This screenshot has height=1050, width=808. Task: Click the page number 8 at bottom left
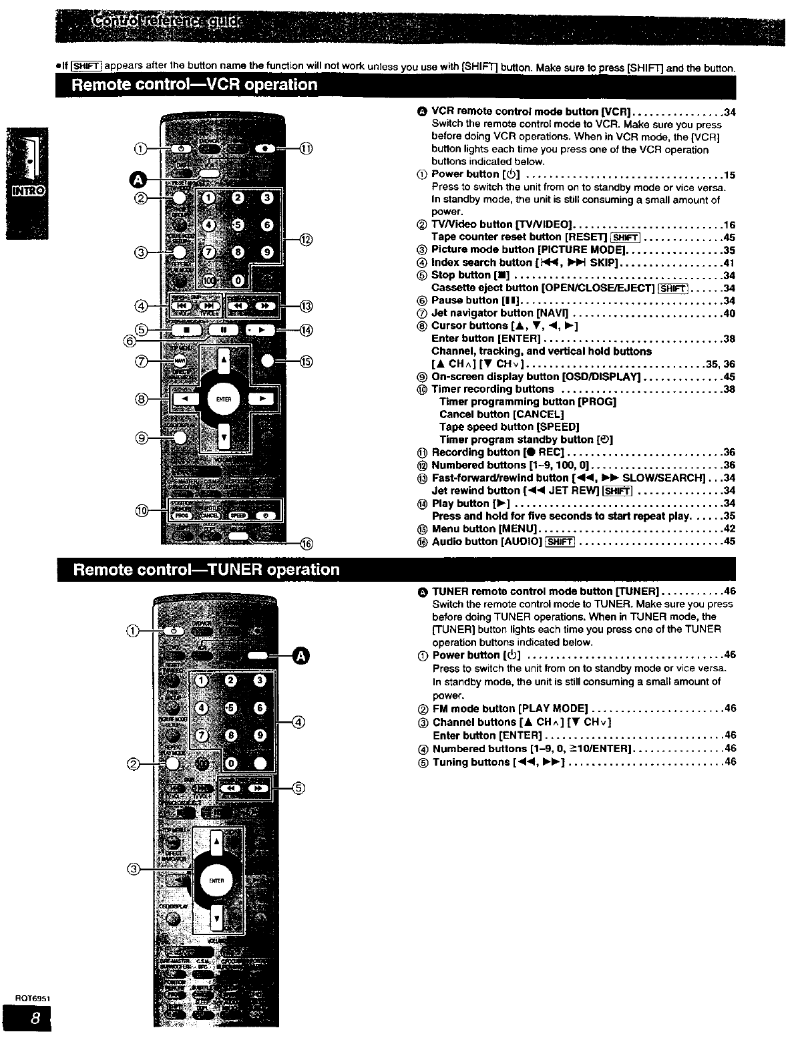[27, 1019]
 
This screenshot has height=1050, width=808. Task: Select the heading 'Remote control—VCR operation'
[194, 85]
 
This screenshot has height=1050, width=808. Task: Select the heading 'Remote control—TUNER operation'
[206, 570]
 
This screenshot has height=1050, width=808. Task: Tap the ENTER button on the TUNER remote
[215, 880]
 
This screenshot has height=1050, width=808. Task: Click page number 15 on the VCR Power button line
[729, 175]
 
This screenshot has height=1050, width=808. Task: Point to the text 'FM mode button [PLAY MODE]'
[510, 708]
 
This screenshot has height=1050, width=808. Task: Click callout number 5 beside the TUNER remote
[299, 787]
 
